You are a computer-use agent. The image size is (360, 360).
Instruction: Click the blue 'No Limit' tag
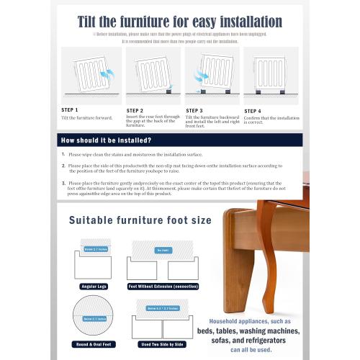coord(163,250)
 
